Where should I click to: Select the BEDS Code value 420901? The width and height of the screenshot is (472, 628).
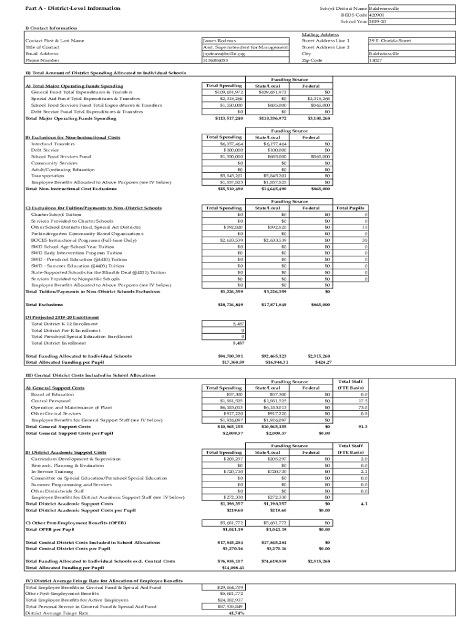pyautogui.click(x=376, y=15)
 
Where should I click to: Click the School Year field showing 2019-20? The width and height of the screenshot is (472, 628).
pyautogui.click(x=378, y=21)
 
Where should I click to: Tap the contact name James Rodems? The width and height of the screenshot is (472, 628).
pyautogui.click(x=219, y=40)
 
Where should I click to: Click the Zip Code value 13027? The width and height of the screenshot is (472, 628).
pyautogui.click(x=375, y=61)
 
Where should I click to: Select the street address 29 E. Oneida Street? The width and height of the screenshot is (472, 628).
pyautogui.click(x=389, y=40)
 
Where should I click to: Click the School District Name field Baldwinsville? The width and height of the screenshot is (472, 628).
pyautogui.click(x=384, y=8)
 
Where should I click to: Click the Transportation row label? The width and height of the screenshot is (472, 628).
pyautogui.click(x=47, y=175)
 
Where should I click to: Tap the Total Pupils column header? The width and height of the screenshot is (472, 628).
pyautogui.click(x=350, y=208)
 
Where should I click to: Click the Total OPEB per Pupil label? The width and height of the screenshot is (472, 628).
pyautogui.click(x=50, y=529)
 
